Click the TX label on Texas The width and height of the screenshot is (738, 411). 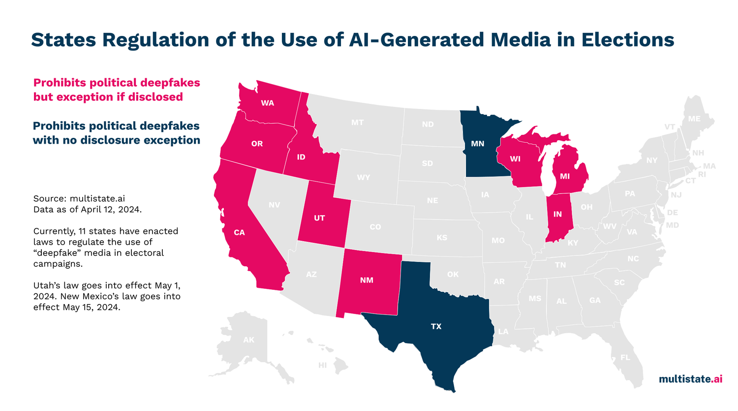(x=436, y=326)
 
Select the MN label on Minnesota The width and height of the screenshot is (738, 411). (x=477, y=144)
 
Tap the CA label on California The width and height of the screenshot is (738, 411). (x=239, y=232)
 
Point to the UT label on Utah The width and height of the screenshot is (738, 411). (x=319, y=218)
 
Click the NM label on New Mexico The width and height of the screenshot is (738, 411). (x=367, y=280)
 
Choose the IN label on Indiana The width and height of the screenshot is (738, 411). (x=557, y=214)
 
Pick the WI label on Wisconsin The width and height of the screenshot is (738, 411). (x=515, y=159)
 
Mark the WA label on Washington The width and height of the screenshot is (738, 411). (x=268, y=103)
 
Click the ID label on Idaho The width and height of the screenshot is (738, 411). (x=301, y=157)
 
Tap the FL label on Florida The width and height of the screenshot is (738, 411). (x=625, y=357)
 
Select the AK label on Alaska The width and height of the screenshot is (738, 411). (x=249, y=340)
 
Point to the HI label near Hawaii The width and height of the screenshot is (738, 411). (x=322, y=365)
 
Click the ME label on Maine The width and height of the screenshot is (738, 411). (x=694, y=119)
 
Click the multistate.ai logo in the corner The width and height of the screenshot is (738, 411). (x=690, y=379)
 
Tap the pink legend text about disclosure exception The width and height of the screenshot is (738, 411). (x=117, y=90)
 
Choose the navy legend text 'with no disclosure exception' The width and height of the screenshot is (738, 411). (x=117, y=140)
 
